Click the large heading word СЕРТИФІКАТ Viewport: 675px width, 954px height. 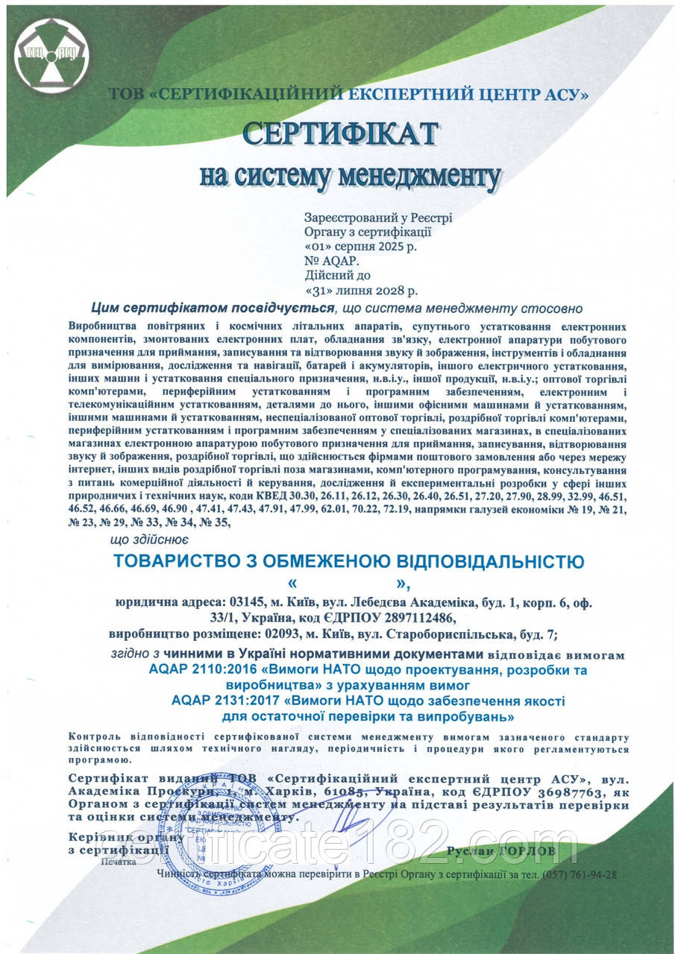340,133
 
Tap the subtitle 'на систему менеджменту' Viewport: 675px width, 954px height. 350,176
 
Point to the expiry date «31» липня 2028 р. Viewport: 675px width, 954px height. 362,289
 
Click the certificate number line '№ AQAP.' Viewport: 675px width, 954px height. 331,261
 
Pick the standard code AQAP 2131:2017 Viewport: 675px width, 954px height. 218,701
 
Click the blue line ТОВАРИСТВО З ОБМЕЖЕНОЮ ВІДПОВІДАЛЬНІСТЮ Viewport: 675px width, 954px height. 348,560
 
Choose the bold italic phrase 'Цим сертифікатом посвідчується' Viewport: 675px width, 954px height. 211,308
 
